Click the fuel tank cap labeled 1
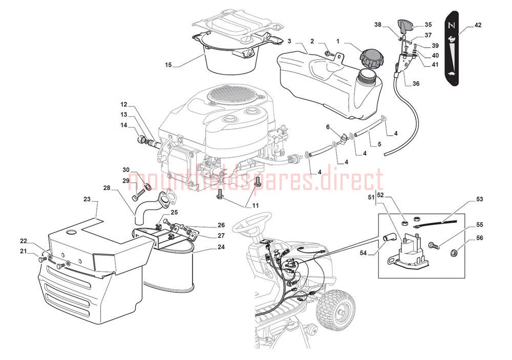(x=372, y=58)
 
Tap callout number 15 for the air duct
(x=168, y=65)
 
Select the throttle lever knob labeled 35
(x=405, y=26)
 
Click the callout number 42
(x=478, y=25)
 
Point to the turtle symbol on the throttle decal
(x=452, y=74)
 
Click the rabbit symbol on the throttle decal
(x=452, y=39)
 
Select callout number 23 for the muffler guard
(x=87, y=199)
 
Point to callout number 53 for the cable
(x=479, y=199)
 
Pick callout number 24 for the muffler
(x=221, y=247)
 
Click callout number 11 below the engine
(x=255, y=205)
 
